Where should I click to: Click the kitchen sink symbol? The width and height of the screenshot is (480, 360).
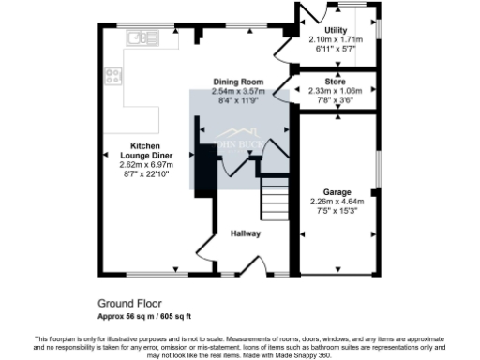click(x=143, y=38)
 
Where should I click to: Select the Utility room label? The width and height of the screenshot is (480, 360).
click(x=327, y=29)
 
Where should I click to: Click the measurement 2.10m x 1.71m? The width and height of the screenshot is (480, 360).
click(x=327, y=38)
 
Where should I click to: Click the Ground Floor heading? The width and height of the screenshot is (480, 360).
click(x=129, y=304)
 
